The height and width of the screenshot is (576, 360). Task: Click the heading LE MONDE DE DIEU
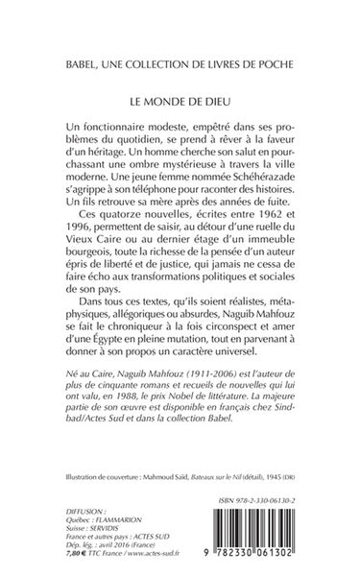(180, 98)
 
